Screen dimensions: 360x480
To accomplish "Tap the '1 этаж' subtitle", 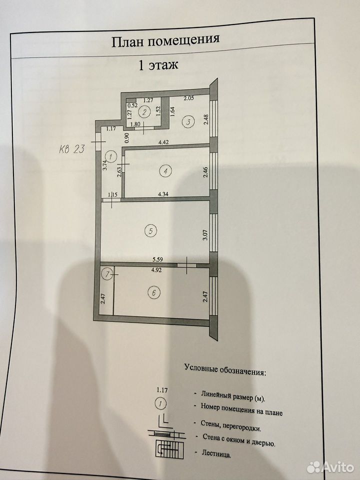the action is tap(158, 65).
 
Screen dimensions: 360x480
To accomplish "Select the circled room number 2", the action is tap(143, 111).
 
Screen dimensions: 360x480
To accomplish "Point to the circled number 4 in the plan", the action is tap(166, 171).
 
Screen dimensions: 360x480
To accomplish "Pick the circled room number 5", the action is tap(150, 230).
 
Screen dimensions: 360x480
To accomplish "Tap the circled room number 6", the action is tap(154, 293).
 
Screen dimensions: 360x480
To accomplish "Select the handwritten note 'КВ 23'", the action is tap(71, 149).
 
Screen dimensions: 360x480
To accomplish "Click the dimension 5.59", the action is tap(157, 259).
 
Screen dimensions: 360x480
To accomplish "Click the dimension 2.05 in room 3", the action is tap(188, 98).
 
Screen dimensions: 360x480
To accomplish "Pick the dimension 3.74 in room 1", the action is tap(104, 165).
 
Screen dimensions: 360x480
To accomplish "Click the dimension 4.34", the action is tap(162, 193).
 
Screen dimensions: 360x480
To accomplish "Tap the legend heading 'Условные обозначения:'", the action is tap(225, 369).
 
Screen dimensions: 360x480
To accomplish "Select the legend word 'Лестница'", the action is tap(216, 453).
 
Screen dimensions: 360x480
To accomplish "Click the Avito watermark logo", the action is tap(330, 467).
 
